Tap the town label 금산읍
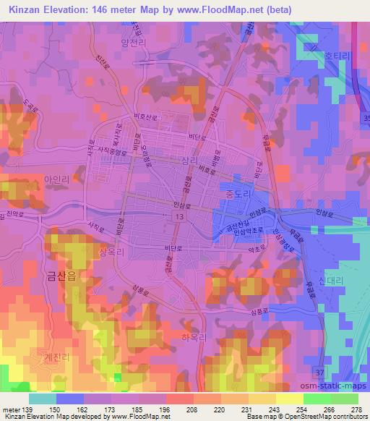click(x=61, y=276)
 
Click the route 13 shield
click(x=178, y=217)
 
